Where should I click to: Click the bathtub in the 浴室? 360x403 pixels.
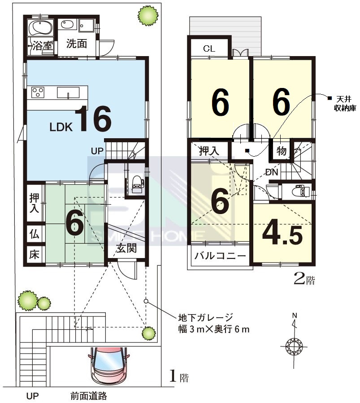[40, 27]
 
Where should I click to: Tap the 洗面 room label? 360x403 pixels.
[77, 44]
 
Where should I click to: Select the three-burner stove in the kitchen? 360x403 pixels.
[38, 92]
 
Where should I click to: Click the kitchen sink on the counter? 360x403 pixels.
[68, 92]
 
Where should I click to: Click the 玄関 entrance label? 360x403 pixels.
[126, 248]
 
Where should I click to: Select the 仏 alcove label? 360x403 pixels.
[34, 234]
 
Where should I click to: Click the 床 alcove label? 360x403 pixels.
[34, 254]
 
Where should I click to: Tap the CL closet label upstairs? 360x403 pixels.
[209, 48]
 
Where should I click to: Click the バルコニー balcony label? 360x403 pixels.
[220, 256]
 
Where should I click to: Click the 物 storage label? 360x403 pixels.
[282, 151]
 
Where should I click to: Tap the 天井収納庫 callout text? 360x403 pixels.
[345, 103]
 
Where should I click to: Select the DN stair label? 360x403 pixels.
[272, 172]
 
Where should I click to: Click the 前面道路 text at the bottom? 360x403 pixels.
[89, 396]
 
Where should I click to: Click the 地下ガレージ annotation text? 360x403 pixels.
[206, 318]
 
